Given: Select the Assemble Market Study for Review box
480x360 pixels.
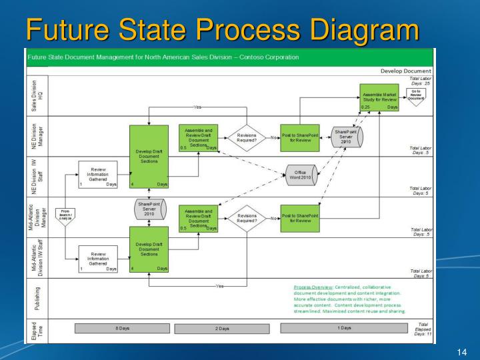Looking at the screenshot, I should click(x=380, y=99).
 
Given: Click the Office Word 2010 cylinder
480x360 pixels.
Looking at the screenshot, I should click(x=301, y=176).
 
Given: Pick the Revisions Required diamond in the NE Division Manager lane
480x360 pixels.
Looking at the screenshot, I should click(x=246, y=138).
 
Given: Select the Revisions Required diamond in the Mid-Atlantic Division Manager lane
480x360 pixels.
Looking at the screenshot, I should click(x=246, y=218).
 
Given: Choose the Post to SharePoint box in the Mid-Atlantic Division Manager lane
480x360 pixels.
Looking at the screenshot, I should click(x=299, y=218).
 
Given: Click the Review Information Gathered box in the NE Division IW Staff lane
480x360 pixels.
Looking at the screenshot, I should click(x=98, y=175).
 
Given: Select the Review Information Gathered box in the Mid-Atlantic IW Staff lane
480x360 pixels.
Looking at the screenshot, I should click(x=98, y=259).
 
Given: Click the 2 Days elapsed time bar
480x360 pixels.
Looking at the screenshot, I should click(x=221, y=329).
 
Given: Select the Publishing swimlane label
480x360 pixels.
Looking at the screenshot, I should click(x=37, y=298).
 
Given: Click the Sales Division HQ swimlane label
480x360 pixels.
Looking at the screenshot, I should click(x=37, y=96).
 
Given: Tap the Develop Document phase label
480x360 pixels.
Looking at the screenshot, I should click(x=405, y=71).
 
